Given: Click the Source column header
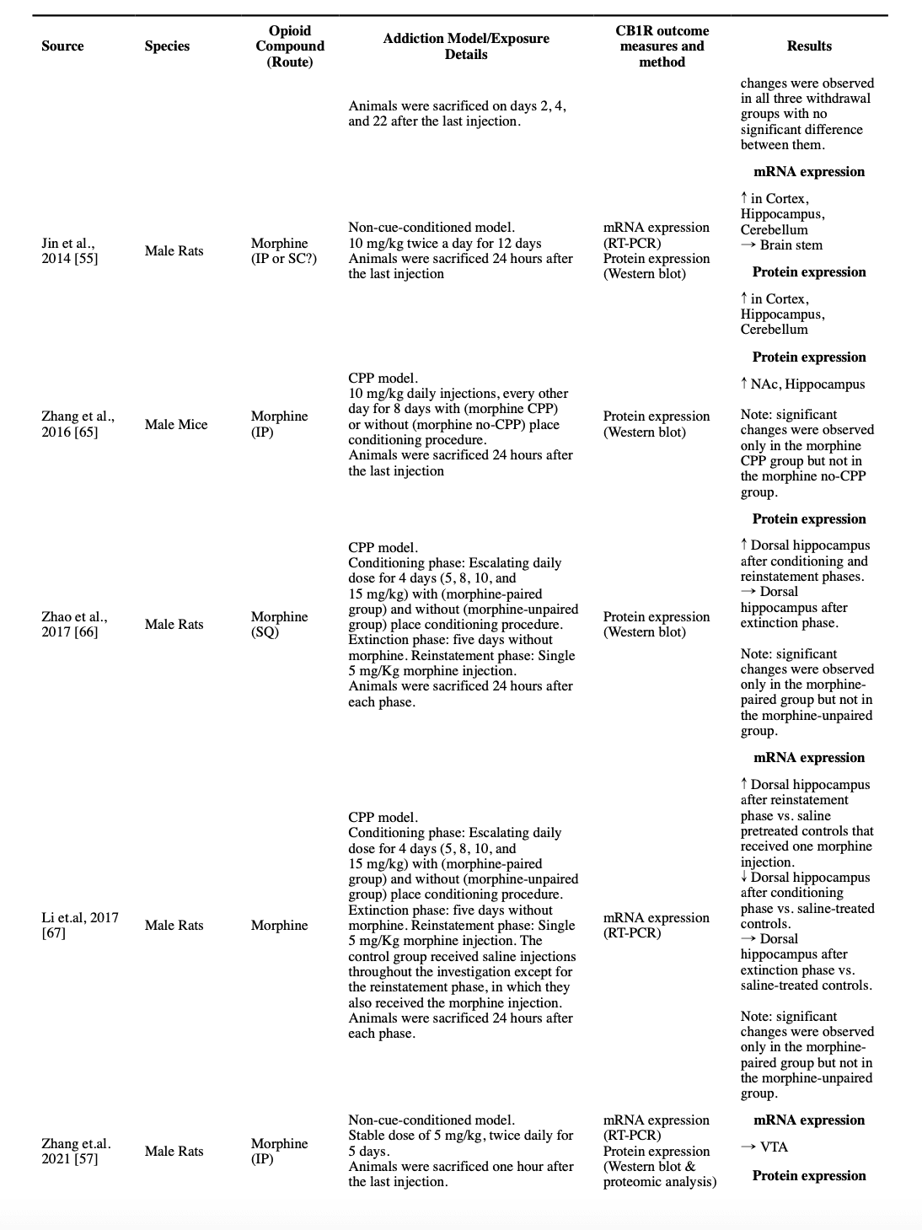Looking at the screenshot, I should (x=62, y=46).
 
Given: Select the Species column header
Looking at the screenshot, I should (x=167, y=46).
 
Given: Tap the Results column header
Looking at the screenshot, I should (x=809, y=46).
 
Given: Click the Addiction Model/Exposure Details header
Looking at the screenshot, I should (x=465, y=46).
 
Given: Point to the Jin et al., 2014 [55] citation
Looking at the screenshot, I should (x=69, y=251).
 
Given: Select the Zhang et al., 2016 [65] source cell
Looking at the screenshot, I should (x=78, y=424).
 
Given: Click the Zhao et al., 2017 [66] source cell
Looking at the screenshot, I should (x=74, y=625).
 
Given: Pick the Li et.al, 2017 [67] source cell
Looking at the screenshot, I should (x=79, y=926).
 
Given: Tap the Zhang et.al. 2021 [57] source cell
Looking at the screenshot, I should (x=76, y=1152).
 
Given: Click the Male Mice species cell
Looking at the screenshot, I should (x=175, y=425).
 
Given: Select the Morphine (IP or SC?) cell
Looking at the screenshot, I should (x=284, y=251).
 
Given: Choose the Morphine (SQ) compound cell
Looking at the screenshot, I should (x=279, y=625).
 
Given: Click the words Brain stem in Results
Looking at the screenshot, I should (x=791, y=245).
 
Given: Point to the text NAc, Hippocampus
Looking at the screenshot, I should (x=807, y=384).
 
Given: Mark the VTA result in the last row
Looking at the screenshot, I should (x=774, y=1147).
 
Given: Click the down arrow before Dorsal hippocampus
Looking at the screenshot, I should (x=744, y=878).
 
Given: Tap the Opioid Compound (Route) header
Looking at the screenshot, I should (x=290, y=46).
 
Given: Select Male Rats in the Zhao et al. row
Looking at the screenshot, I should (x=174, y=625).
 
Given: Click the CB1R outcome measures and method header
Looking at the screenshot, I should (x=662, y=46).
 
